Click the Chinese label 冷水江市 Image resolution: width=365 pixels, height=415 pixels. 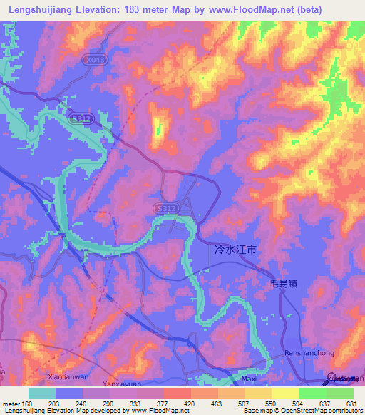(235, 250)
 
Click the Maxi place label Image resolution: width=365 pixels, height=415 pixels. (249, 379)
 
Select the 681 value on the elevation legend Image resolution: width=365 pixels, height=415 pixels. (351, 403)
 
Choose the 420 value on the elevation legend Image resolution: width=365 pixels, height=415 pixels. (190, 403)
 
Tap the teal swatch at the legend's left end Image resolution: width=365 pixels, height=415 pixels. (42, 393)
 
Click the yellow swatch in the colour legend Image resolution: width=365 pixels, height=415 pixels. (285, 393)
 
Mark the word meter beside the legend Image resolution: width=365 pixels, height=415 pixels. (11, 403)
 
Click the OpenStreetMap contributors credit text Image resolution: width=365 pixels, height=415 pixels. (321, 411)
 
